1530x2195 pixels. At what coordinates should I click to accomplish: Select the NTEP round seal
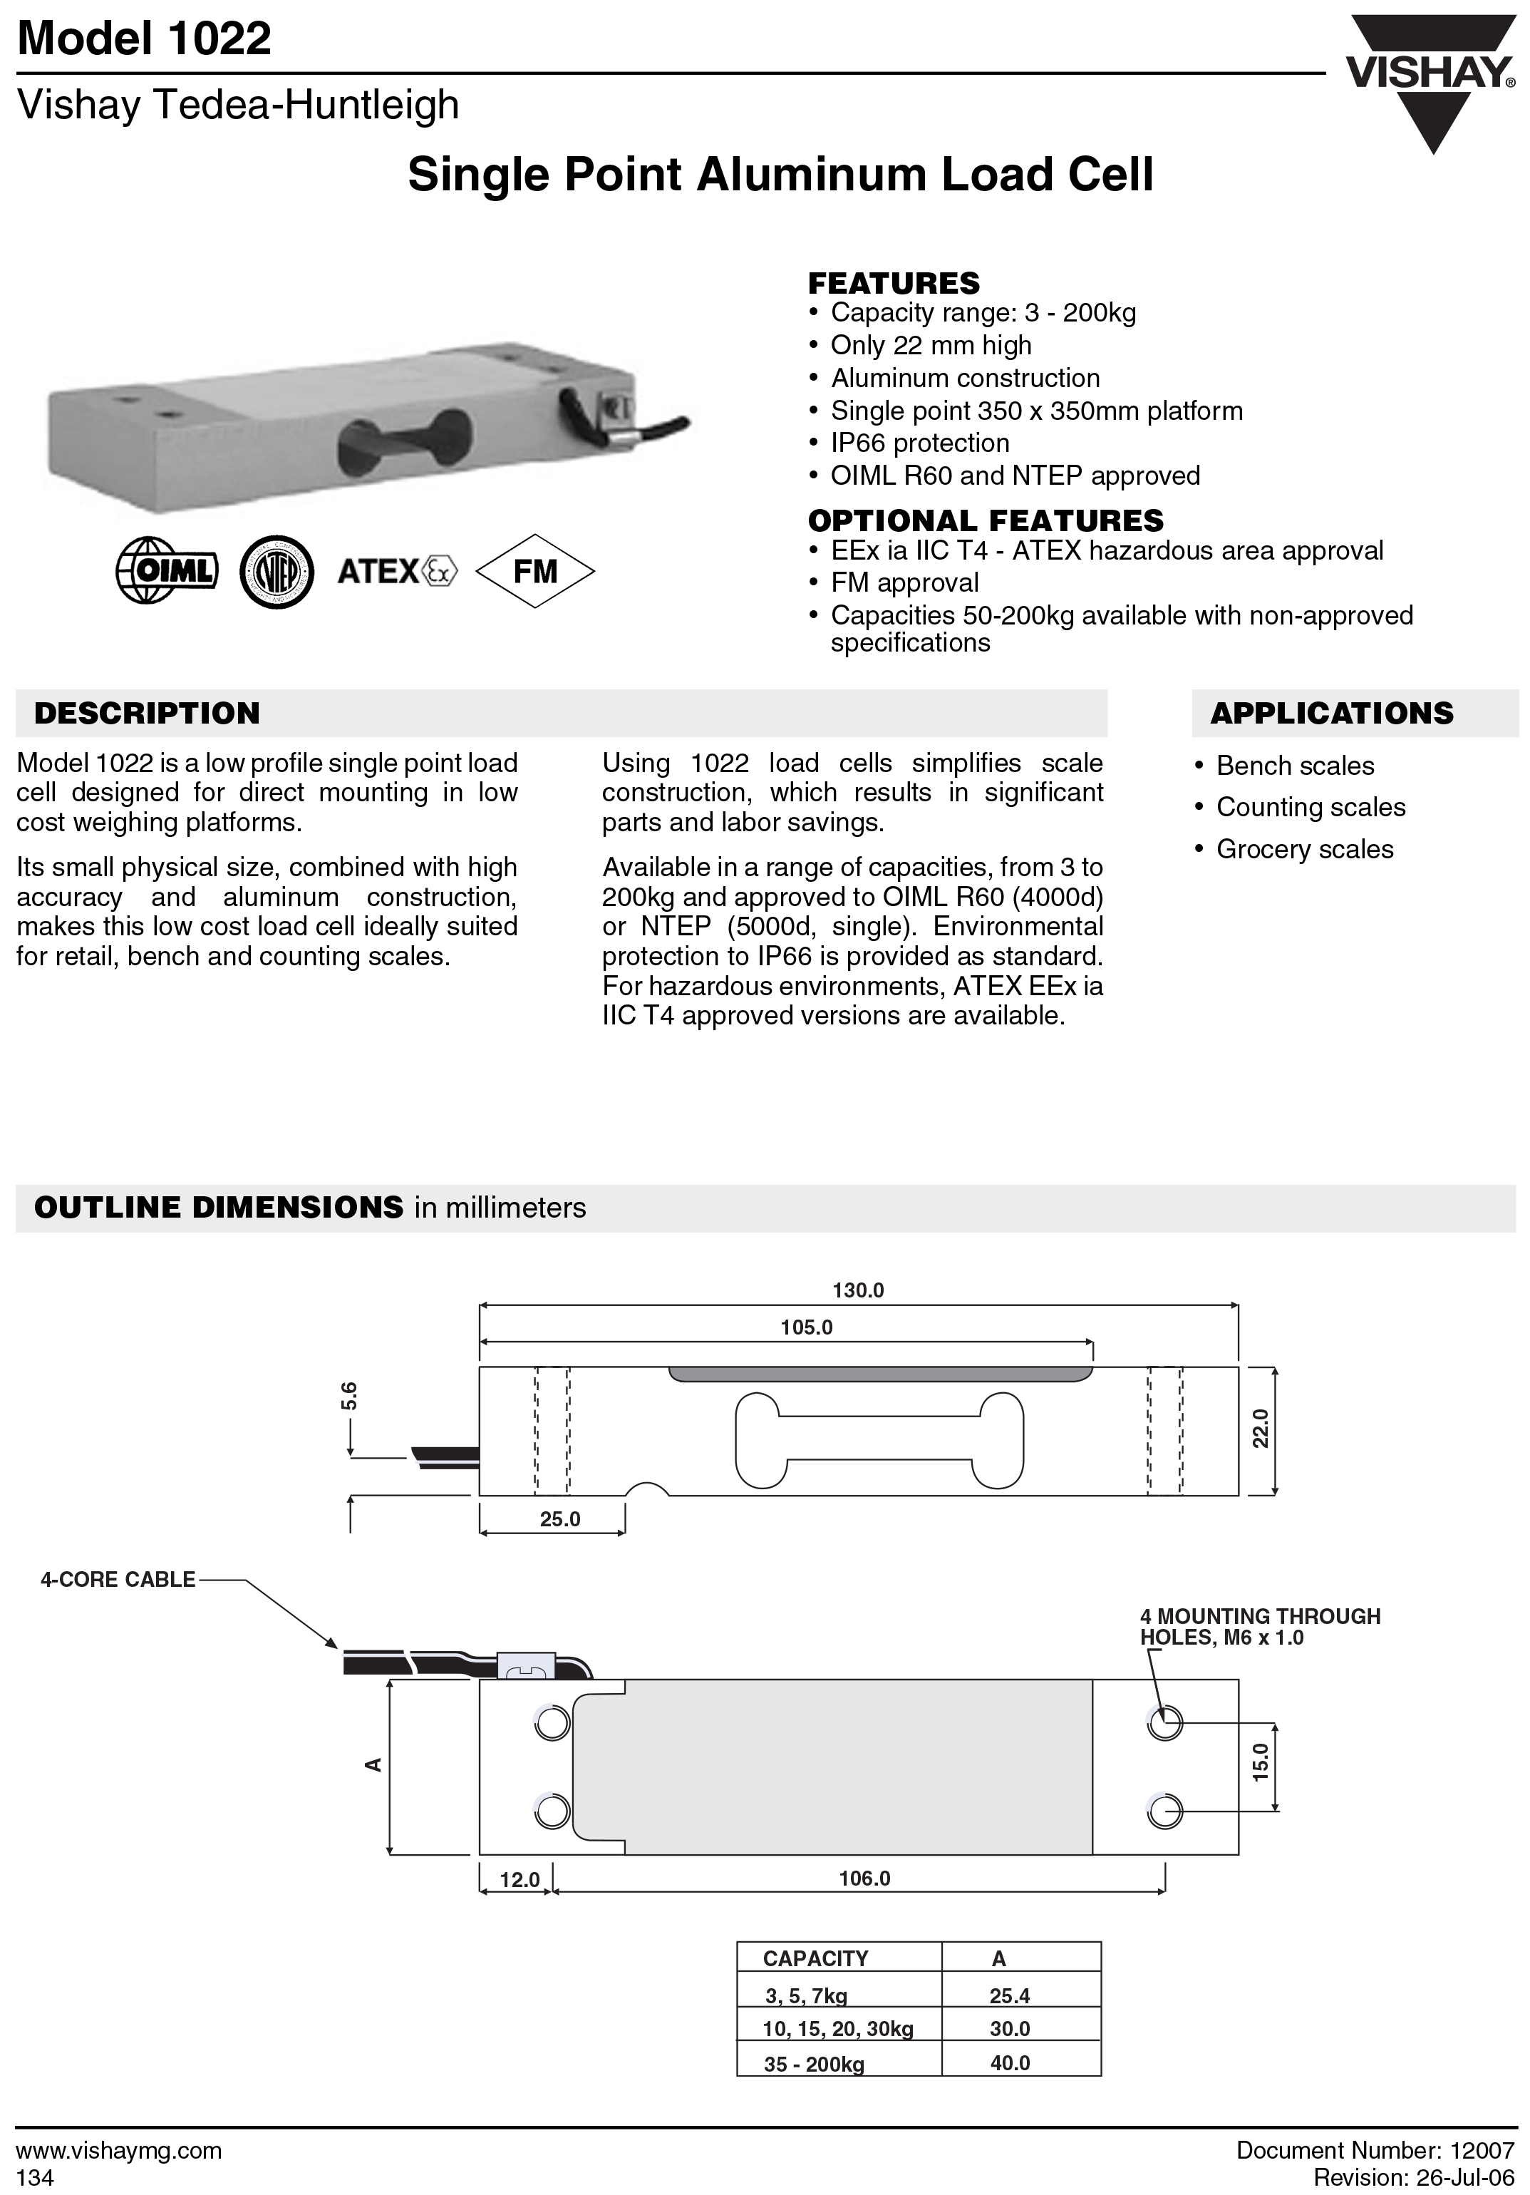tap(276, 572)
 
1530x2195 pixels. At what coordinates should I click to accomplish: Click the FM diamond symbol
tap(534, 571)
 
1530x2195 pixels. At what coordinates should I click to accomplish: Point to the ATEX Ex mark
tap(398, 571)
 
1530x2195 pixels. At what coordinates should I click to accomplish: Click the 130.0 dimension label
tap(858, 1290)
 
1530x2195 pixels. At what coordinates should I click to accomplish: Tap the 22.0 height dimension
tap(1261, 1428)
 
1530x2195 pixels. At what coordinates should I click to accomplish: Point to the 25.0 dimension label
tap(560, 1519)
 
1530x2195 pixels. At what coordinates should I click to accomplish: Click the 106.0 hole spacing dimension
tap(864, 1878)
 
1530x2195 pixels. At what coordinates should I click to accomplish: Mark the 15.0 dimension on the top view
tap(1261, 1760)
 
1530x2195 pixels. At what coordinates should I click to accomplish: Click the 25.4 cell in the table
tap(1009, 1995)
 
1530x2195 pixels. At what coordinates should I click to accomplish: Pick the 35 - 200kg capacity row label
tap(813, 2064)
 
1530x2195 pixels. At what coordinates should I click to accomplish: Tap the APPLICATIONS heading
tap(1331, 713)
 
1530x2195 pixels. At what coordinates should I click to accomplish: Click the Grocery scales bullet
tap(1305, 849)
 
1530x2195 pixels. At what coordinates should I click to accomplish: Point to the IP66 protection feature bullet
tap(919, 443)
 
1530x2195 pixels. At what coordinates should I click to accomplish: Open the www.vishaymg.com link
tap(120, 2150)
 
